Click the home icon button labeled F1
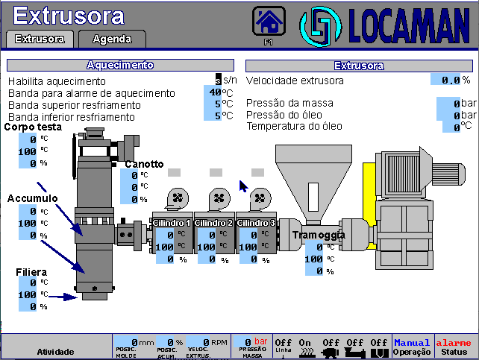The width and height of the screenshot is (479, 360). (269, 21)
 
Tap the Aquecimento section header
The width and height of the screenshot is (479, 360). (119, 66)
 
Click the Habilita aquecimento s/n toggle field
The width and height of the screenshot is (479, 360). (219, 80)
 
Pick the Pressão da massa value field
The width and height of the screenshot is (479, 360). (448, 104)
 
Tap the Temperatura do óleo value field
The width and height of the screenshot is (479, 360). (448, 127)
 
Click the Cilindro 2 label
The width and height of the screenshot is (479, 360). (213, 223)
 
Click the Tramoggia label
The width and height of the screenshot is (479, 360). (319, 235)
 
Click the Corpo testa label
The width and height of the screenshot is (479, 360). (33, 127)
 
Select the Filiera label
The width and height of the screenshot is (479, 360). (32, 272)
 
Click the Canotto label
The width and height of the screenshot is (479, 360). (144, 164)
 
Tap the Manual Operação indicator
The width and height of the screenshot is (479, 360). (413, 347)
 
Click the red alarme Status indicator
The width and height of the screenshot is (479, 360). (454, 347)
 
